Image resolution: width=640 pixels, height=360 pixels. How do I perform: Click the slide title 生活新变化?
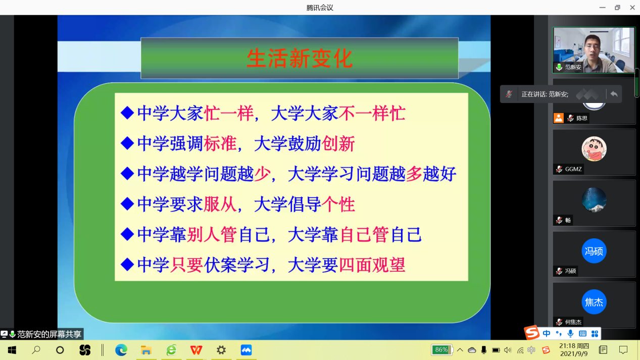click(300, 59)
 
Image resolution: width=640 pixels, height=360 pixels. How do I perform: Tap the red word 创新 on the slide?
click(338, 143)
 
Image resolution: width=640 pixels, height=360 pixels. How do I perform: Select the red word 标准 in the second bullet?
click(220, 143)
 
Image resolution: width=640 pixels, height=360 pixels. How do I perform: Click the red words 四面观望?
click(372, 265)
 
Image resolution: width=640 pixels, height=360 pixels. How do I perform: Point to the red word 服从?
click(220, 204)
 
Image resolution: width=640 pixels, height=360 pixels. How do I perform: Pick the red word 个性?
click(338, 204)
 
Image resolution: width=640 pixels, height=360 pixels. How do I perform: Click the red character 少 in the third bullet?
click(262, 174)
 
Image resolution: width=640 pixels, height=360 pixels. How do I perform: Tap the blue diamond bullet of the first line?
click(127, 113)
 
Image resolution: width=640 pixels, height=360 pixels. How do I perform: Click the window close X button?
click(632, 8)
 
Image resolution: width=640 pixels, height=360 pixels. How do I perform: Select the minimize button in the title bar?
click(602, 8)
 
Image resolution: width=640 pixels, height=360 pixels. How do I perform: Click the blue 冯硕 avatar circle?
click(594, 251)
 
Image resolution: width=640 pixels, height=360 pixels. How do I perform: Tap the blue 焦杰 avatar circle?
click(594, 302)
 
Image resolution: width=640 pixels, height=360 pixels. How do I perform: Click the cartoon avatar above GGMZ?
click(594, 149)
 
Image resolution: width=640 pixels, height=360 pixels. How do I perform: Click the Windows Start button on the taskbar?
click(12, 350)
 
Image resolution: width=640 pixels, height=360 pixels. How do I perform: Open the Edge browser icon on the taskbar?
click(121, 350)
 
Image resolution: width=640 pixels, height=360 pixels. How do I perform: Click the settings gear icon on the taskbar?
click(221, 350)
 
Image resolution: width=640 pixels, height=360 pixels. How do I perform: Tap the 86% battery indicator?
click(441, 350)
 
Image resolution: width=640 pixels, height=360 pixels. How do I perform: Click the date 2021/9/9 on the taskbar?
click(574, 354)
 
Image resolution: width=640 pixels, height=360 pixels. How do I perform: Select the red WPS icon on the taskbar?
click(196, 350)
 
